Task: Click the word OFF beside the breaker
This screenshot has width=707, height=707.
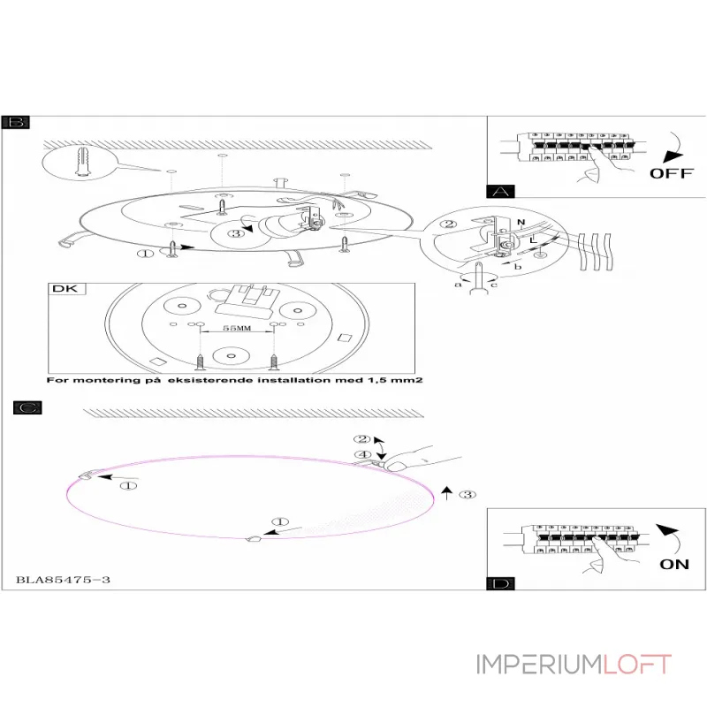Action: pyautogui.click(x=672, y=172)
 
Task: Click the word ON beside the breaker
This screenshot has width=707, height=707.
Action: pyautogui.click(x=674, y=564)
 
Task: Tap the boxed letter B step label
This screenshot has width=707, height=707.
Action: pyautogui.click(x=13, y=123)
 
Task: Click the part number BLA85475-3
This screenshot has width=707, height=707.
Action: pyautogui.click(x=63, y=581)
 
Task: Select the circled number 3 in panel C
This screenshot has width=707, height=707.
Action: pyautogui.click(x=469, y=494)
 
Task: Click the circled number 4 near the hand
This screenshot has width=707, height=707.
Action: pyautogui.click(x=361, y=455)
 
